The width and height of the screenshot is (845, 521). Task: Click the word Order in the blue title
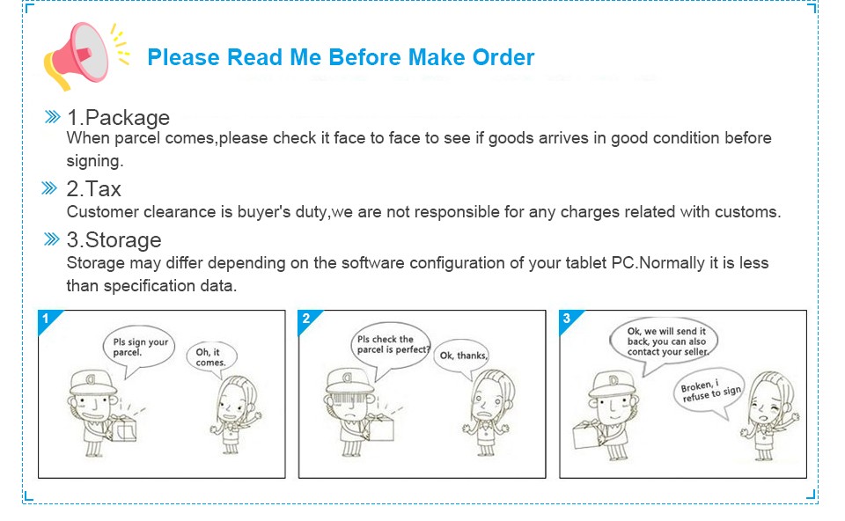503,57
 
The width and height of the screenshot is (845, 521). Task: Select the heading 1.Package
118,117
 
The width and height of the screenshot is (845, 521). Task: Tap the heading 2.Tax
94,188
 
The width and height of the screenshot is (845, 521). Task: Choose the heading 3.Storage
114,239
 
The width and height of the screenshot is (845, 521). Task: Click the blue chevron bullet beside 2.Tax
49,188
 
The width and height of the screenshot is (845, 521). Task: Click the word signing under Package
95,161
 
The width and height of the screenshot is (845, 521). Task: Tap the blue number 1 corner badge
48,319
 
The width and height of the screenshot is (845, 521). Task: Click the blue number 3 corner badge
569,319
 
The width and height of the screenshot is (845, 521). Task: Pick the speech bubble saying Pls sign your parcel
139,350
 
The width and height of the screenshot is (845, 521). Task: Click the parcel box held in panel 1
121,429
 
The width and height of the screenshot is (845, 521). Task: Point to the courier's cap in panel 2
349,381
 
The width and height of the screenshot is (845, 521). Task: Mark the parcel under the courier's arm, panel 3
586,434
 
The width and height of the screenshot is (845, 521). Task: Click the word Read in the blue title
255,57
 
